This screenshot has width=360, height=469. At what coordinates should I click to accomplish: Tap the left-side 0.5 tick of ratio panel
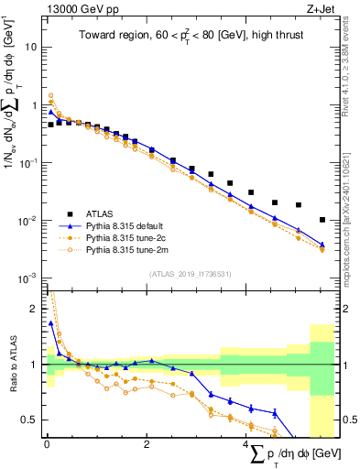click(29, 420)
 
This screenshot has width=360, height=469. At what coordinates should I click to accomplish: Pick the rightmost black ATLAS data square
click(322, 220)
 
